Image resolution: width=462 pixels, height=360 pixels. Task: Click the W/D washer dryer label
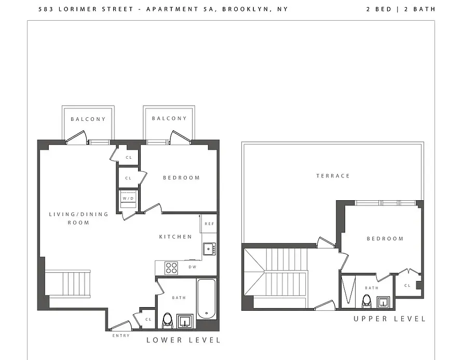(x=128, y=198)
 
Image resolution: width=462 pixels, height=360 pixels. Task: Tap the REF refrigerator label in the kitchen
(x=209, y=224)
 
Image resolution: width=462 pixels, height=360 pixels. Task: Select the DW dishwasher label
(x=192, y=267)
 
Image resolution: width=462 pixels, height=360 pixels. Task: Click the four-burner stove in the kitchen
(x=171, y=268)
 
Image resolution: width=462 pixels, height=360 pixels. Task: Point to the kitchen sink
(x=209, y=249)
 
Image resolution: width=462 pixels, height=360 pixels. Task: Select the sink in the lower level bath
(x=185, y=321)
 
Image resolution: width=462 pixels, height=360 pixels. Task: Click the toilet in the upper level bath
(x=366, y=301)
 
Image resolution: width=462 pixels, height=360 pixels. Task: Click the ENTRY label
(x=120, y=336)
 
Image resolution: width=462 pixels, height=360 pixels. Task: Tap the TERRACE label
(x=333, y=176)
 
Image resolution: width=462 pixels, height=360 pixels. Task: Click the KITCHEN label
(x=175, y=237)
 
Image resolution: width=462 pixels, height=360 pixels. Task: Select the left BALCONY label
(x=88, y=119)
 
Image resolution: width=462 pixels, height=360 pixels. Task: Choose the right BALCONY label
(x=169, y=118)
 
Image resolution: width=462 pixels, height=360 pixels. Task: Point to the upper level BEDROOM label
(x=385, y=239)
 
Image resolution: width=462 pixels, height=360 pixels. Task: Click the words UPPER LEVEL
(x=389, y=319)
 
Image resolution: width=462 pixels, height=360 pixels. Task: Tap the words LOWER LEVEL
(x=183, y=340)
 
